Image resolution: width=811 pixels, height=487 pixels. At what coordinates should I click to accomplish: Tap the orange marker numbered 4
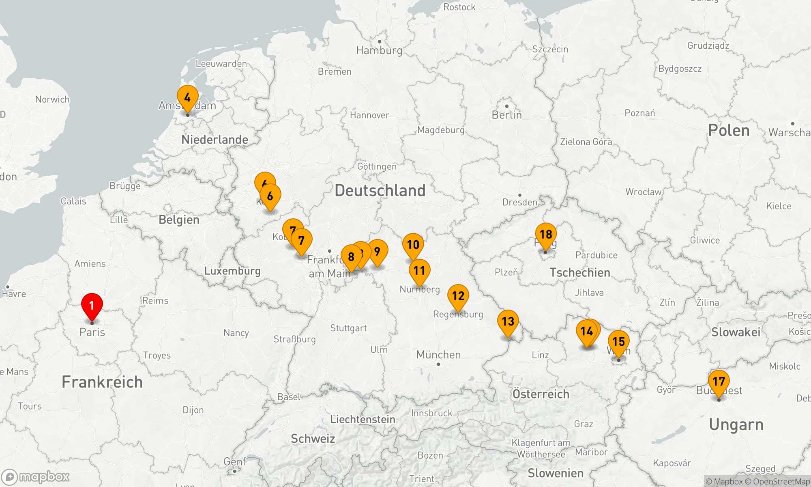coord(187,98)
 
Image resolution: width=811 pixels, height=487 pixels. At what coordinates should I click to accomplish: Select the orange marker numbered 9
coord(377,252)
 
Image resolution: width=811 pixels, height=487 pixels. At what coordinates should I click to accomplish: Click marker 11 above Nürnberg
coord(419,271)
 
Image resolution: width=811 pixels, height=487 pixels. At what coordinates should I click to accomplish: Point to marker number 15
coord(618,342)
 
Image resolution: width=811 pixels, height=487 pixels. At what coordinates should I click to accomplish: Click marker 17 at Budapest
coord(719,382)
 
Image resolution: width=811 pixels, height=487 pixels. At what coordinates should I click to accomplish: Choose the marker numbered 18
coord(546,235)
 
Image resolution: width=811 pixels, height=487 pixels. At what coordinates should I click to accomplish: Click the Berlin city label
coord(506,115)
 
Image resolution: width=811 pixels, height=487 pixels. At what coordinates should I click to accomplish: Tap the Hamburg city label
coord(379,50)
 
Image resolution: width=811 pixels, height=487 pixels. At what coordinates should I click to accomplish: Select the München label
coord(438,355)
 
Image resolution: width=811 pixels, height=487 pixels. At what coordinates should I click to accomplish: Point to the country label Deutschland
coord(380,190)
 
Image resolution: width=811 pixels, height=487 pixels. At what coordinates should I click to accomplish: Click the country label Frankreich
coord(102,382)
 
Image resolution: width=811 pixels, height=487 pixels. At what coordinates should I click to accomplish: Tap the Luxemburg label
coord(232,271)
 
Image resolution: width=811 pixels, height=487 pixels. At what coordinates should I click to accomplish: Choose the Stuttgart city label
coord(348,328)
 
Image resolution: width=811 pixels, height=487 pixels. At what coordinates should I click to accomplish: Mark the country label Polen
coord(729,131)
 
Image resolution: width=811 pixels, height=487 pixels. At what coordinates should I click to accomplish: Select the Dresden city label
coord(519,202)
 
